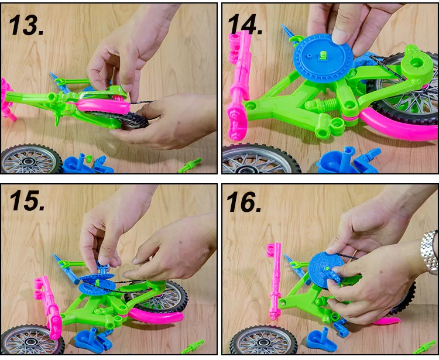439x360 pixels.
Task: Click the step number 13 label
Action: point(26,25)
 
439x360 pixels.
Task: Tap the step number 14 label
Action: point(245,25)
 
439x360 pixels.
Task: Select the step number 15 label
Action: point(27,200)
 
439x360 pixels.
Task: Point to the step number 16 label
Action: point(244,201)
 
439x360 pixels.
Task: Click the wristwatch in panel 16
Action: point(430,252)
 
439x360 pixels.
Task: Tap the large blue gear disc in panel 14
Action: point(323,58)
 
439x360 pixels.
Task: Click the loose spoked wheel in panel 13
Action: point(32,159)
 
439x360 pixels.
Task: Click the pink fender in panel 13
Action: point(103,107)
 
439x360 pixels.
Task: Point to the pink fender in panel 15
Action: point(156,316)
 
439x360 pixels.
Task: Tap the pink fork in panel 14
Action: point(239,84)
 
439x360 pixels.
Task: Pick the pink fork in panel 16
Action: point(275,280)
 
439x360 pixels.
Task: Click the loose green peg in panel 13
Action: point(190,166)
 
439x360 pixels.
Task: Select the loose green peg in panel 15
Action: point(193,347)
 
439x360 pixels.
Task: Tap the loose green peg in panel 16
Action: point(425,347)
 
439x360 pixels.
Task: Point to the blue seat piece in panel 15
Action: point(89,341)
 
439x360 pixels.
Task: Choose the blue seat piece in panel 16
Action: point(321,340)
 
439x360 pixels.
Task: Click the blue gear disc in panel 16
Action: point(325,269)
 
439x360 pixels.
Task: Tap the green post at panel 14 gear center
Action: point(323,56)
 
